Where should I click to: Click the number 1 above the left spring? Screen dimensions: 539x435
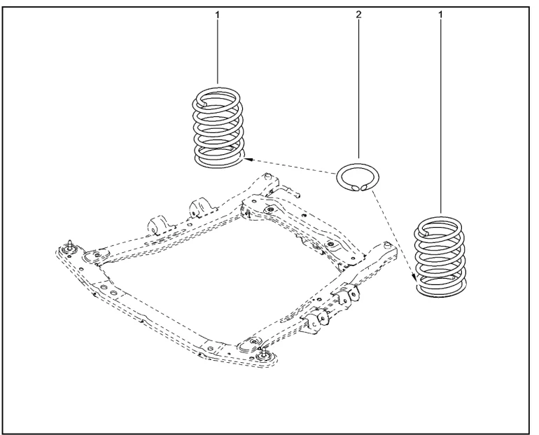(x=217, y=15)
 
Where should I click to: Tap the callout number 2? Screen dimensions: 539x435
(x=358, y=15)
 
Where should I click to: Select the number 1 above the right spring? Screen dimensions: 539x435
(x=440, y=15)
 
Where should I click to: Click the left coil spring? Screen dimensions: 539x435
(x=218, y=128)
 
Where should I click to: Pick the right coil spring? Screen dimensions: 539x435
(x=441, y=257)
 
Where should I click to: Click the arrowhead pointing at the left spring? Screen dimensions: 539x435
(x=248, y=159)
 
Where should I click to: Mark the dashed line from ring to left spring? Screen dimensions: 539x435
(x=289, y=167)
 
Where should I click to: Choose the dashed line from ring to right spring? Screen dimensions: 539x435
(x=393, y=236)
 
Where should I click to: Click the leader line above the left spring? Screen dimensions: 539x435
(x=217, y=52)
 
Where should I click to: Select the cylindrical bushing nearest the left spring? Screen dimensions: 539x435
(x=199, y=207)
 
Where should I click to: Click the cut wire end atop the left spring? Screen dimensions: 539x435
(x=204, y=102)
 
